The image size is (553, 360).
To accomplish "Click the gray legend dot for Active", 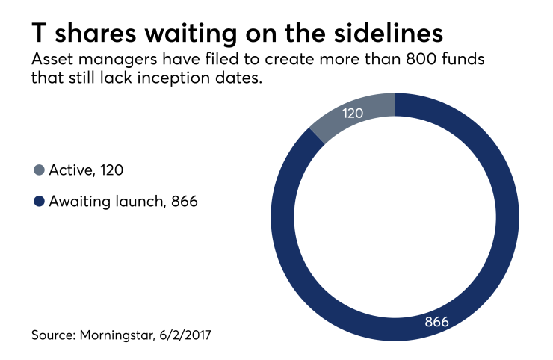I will (39, 170).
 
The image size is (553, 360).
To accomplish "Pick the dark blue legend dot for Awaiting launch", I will (39, 201).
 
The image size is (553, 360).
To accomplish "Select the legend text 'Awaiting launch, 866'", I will (123, 201).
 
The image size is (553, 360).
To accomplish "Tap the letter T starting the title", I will (40, 34).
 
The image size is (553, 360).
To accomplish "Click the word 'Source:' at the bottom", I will (54, 337).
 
